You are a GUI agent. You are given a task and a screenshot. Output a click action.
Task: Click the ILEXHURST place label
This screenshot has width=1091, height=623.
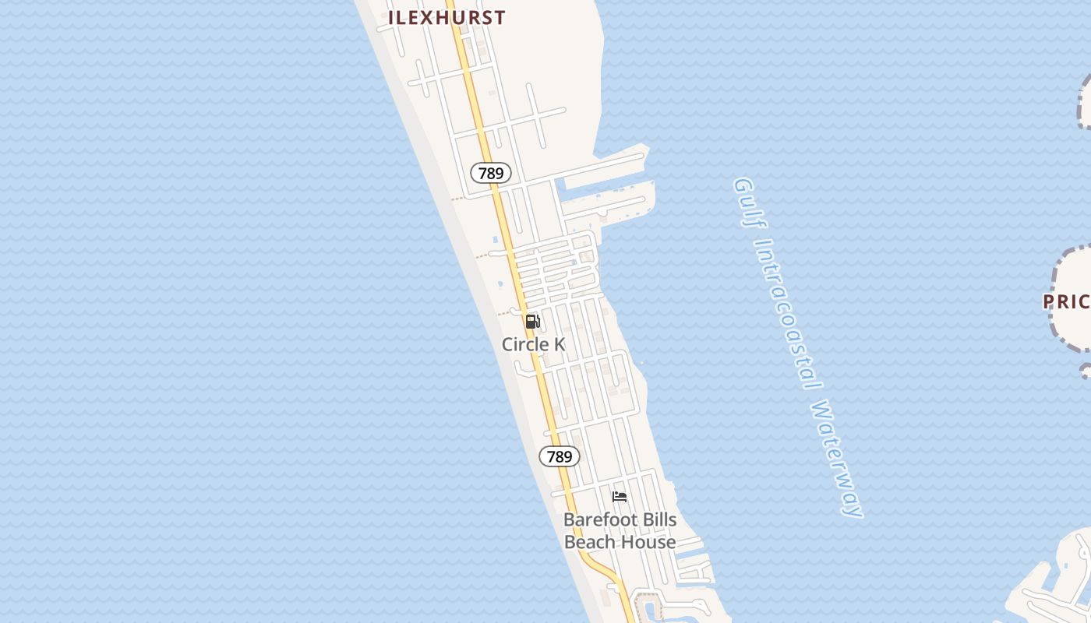tap(447, 17)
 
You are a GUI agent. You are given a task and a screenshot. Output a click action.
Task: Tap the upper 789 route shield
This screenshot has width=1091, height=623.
tap(491, 173)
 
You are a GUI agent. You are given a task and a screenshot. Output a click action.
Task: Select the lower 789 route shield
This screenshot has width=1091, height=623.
tap(560, 456)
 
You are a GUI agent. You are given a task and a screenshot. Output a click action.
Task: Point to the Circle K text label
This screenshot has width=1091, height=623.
tap(533, 344)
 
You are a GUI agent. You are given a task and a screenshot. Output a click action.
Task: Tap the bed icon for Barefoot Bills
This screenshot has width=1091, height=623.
tap(620, 496)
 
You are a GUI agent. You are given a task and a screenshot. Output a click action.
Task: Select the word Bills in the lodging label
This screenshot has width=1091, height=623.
tap(658, 519)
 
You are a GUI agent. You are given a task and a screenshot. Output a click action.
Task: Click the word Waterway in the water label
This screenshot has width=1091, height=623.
tap(838, 459)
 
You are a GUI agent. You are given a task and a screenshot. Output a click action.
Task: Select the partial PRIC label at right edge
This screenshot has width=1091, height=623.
tap(1067, 301)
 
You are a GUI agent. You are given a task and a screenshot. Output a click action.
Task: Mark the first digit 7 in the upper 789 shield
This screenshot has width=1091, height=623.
tap(482, 173)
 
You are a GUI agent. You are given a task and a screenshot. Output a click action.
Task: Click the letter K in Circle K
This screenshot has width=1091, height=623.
tap(559, 344)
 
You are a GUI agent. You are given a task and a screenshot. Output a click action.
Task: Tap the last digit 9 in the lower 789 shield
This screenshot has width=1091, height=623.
tap(568, 456)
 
